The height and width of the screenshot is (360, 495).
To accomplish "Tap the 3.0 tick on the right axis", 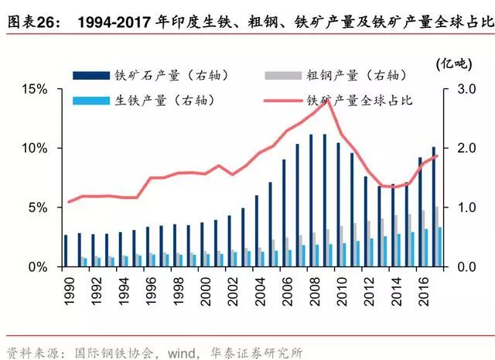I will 458,89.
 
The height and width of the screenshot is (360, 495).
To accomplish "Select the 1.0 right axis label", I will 458,207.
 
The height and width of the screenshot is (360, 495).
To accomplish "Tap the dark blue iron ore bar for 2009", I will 325,201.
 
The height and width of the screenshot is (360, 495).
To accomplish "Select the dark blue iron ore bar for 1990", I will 67,251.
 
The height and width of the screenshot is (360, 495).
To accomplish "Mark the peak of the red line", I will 330,99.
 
